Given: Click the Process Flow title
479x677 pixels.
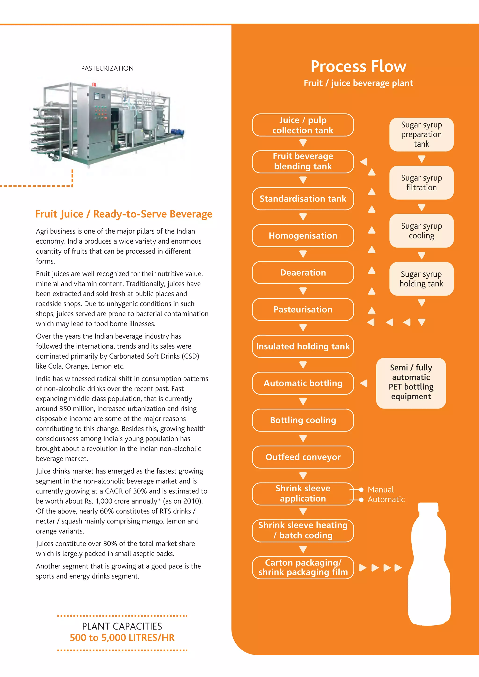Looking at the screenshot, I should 358,66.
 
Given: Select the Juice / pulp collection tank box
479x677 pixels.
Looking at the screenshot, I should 303,125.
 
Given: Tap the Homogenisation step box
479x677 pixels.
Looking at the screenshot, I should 303,236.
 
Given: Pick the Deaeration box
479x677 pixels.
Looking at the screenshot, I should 303,272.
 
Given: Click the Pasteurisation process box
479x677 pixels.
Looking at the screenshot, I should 303,309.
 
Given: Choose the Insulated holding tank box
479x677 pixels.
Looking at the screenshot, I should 303,346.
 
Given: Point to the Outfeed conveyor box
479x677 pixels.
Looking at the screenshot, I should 303,457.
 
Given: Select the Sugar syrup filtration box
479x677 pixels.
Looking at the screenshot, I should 421,183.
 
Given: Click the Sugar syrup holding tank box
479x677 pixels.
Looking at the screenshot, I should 421,279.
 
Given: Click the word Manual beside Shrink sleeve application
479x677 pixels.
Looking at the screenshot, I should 381,490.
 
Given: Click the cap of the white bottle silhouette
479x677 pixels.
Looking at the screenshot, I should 428,507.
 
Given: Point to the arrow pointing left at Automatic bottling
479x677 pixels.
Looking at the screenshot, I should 364,383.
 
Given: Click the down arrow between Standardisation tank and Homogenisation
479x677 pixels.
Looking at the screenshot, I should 303,217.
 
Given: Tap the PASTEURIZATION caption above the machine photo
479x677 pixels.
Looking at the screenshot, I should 107,68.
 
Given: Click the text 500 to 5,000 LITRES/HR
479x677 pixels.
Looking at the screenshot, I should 122,637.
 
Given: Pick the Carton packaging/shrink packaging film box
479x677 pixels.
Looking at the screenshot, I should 303,568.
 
